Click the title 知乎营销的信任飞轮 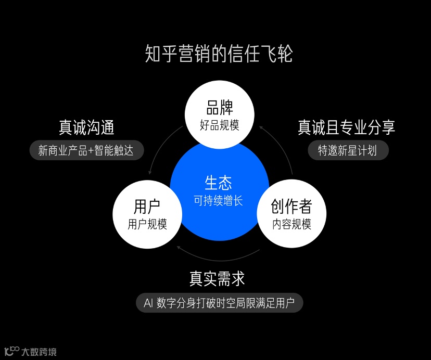click(219, 54)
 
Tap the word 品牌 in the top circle click(220, 108)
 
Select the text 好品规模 click(220, 125)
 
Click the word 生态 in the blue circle click(219, 183)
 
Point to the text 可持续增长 click(219, 200)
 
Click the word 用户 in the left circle click(147, 207)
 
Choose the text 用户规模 click(147, 224)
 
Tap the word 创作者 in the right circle click(291, 207)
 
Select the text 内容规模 click(291, 224)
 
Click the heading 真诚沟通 click(86, 128)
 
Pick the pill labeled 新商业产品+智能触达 click(86, 151)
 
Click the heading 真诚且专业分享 click(347, 127)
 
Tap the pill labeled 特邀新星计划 click(347, 151)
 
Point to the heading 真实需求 click(217, 279)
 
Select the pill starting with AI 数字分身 click(219, 303)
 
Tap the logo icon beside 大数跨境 click(11, 351)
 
